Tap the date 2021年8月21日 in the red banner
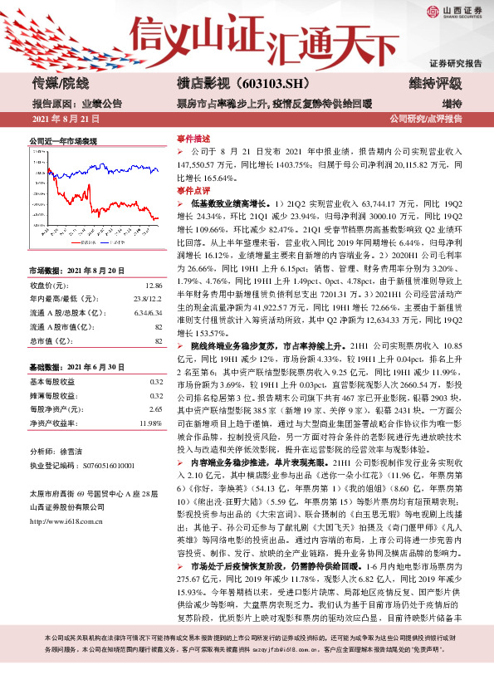66,120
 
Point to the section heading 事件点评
193,190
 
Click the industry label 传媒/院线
60,84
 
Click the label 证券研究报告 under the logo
455,63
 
